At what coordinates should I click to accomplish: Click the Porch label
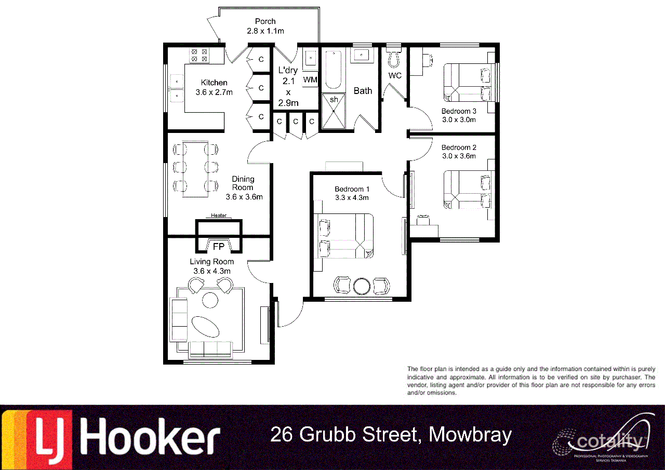pos(265,21)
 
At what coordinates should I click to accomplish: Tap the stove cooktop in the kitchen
pos(198,55)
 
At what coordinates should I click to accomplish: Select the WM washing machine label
pos(310,79)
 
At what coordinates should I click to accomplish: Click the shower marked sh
pos(334,111)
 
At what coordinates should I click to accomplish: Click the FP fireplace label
pos(219,247)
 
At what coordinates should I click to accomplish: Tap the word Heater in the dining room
pos(218,216)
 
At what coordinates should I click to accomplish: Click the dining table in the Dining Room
pos(195,168)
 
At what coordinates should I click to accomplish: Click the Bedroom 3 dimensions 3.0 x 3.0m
pos(459,119)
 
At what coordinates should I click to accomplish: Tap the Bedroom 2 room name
pos(459,147)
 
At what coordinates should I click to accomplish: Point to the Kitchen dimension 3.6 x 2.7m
pos(214,92)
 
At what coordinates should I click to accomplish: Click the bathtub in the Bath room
pos(333,70)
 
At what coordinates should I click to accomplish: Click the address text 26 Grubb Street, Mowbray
pos(391,435)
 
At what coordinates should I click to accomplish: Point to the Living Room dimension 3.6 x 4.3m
pos(211,271)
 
